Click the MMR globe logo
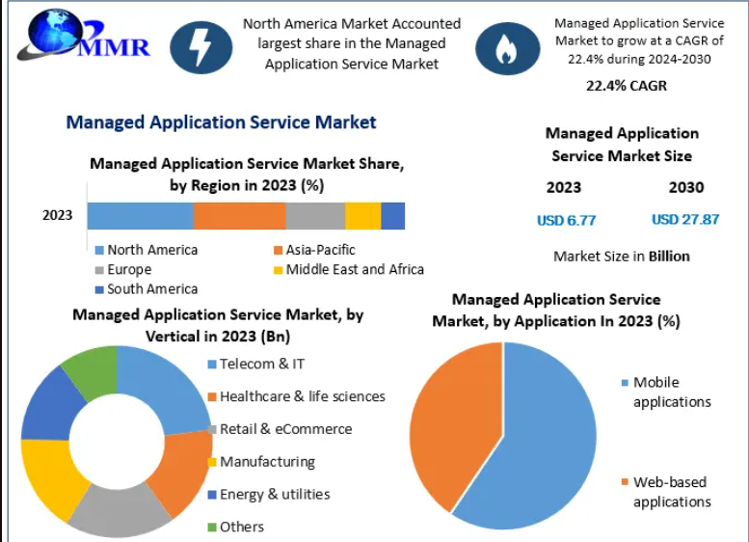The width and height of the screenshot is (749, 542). (84, 36)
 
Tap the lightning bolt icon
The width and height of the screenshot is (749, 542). (201, 47)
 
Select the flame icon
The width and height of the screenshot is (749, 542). (507, 48)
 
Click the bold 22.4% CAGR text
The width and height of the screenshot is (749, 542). (627, 86)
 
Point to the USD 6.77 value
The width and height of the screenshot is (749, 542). (567, 220)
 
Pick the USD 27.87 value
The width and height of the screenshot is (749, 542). (685, 219)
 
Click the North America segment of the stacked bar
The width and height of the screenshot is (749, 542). (141, 216)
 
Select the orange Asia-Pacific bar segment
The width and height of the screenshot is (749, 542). (240, 216)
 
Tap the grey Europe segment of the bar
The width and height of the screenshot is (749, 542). (315, 216)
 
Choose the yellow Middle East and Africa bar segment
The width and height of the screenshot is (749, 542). (363, 216)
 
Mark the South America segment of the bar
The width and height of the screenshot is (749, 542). (393, 216)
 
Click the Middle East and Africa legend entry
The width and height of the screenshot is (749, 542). (349, 270)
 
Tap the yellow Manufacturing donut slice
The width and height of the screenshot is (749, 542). (50, 475)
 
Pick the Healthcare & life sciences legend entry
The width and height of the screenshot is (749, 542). (297, 396)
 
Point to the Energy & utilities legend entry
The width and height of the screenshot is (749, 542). (269, 494)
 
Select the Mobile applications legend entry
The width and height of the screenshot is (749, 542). (666, 392)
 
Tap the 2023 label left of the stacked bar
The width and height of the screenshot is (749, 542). (57, 216)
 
